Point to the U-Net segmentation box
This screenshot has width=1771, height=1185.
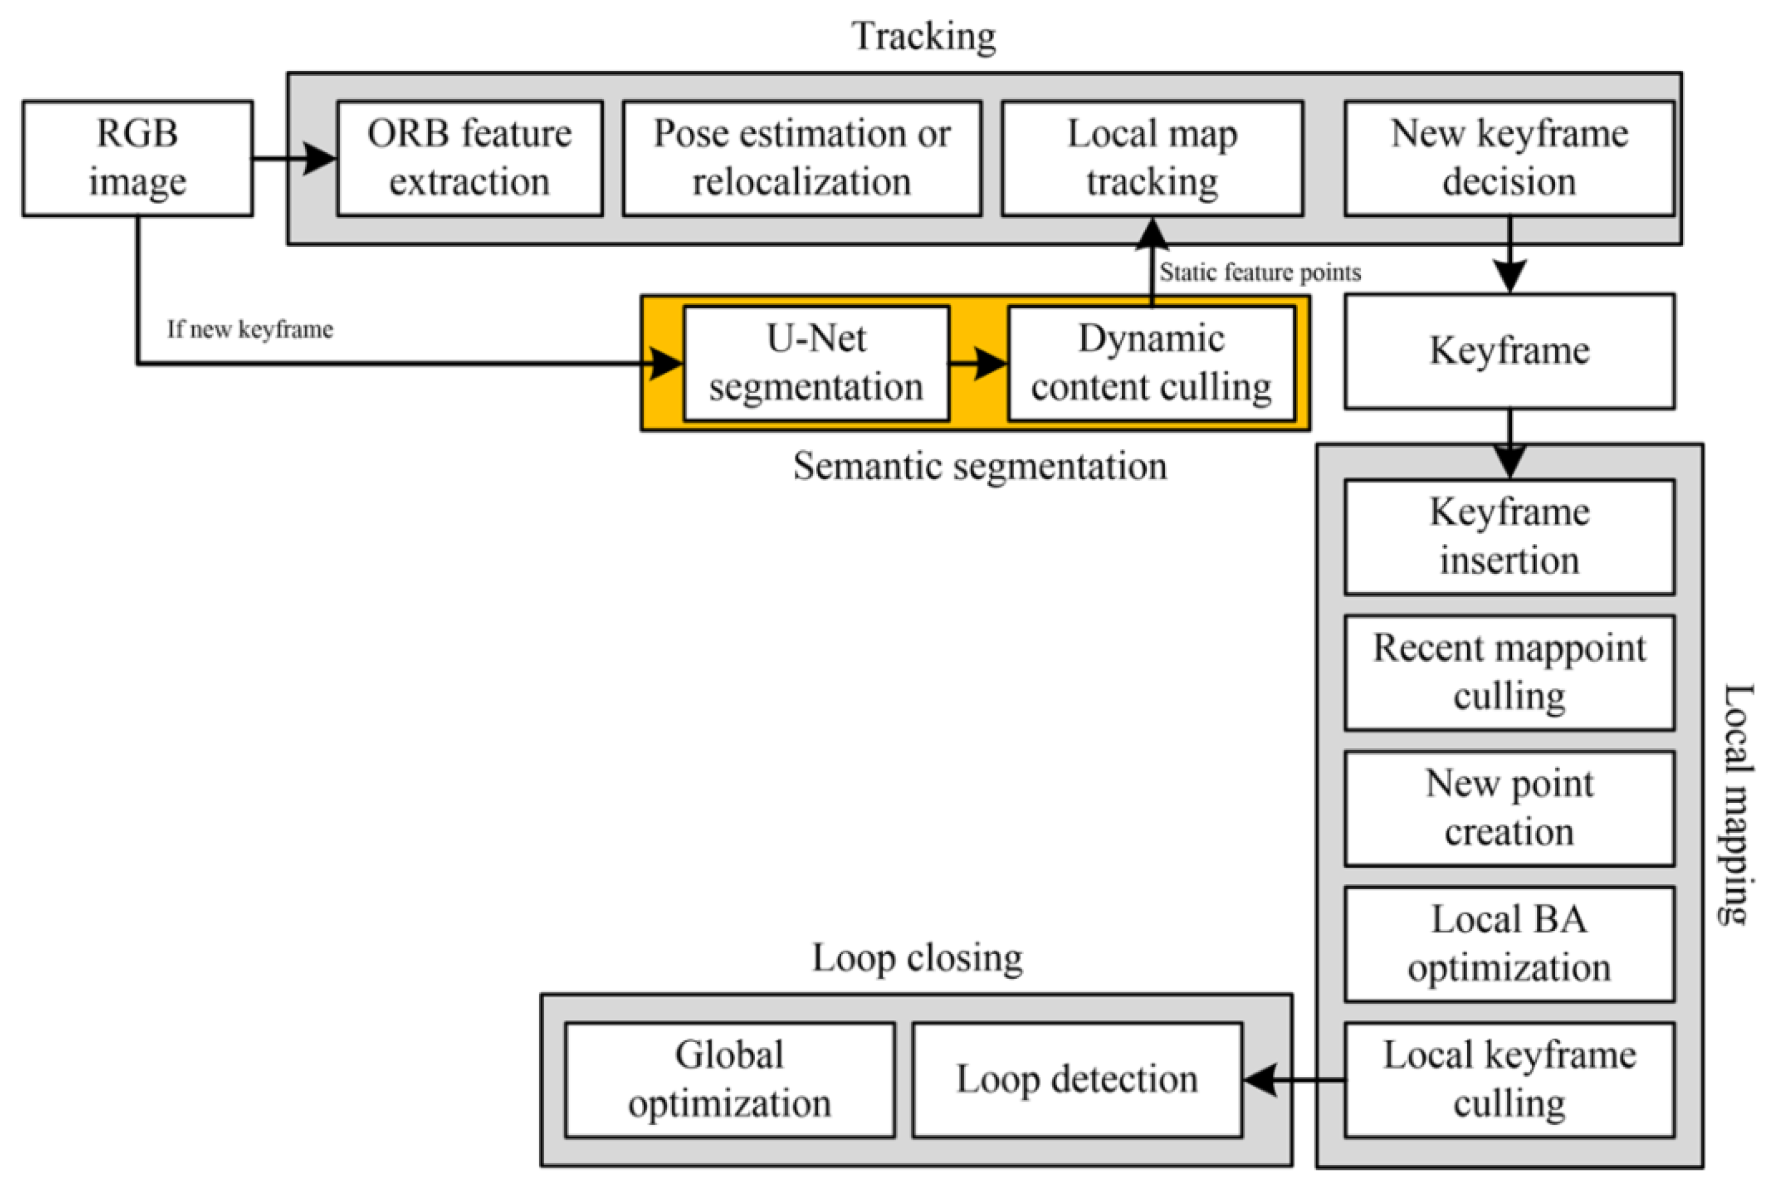coord(816,363)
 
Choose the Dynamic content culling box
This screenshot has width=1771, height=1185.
coord(1151,363)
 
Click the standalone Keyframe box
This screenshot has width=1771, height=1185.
coord(1509,351)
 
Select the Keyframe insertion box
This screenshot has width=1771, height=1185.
coord(1509,537)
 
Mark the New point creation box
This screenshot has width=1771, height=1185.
coord(1509,808)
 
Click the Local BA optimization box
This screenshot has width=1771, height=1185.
coord(1509,944)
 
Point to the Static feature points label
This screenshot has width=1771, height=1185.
coord(1260,272)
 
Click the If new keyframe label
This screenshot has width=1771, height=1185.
coord(249,329)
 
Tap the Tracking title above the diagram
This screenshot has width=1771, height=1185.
coord(924,36)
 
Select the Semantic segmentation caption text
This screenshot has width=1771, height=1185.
coord(979,466)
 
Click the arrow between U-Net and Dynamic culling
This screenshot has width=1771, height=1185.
coord(978,364)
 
